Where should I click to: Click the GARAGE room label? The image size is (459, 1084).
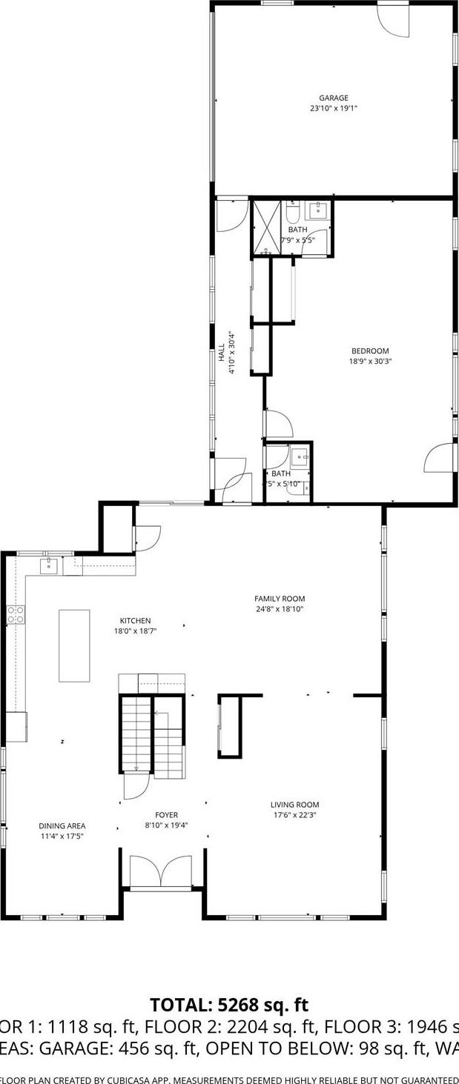coord(333,98)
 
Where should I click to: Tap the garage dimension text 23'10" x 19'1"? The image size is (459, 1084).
coord(333,108)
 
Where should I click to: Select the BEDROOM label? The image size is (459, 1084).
coord(370,351)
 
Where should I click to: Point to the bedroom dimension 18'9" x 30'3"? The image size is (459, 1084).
coord(370,362)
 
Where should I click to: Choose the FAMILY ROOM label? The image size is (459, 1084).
coord(280,599)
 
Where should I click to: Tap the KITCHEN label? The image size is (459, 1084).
coord(136,621)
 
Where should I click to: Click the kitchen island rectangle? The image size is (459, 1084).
coord(74,645)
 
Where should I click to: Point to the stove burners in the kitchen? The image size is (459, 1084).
coord(16,614)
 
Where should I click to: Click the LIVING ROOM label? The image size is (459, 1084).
coord(294,805)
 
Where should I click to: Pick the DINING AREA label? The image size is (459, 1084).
coord(62,825)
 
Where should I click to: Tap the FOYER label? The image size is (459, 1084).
coord(166,815)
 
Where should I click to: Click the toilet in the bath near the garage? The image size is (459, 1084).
coord(293,213)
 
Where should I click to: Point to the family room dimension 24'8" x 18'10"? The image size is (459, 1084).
coord(280,609)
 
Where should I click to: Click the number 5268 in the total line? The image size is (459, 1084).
coord(240,1005)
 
